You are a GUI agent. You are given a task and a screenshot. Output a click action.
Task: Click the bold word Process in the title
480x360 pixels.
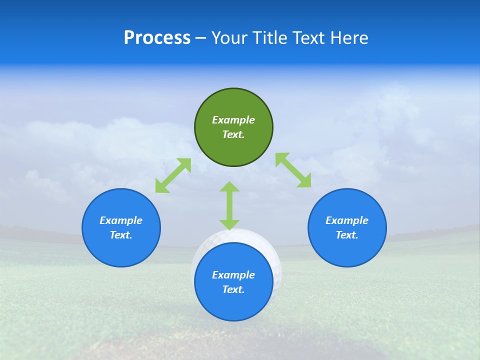pos(157,38)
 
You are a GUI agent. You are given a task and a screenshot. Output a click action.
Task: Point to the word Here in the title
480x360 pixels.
pos(349,38)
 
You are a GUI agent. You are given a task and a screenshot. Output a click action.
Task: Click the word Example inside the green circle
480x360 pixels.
pos(233,120)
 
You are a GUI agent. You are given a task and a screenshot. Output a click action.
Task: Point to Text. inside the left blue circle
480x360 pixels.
pos(121,235)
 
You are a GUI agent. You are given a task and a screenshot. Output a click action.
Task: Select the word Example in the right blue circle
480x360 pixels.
pos(347,220)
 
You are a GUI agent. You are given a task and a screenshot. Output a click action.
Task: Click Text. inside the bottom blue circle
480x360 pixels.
pos(233,289)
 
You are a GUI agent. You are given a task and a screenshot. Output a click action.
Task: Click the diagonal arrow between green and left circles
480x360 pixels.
pos(173,175)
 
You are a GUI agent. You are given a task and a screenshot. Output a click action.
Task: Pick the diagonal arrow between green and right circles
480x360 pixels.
pos(293,170)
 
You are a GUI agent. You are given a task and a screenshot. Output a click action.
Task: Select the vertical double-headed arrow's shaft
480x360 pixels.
pos(229,205)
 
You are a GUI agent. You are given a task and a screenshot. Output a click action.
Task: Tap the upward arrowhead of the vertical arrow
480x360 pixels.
pos(229,187)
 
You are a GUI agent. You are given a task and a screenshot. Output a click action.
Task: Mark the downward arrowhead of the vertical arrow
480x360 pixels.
pos(229,224)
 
